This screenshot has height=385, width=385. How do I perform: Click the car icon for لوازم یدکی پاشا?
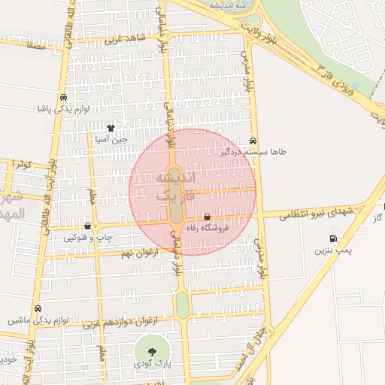pos(63,97)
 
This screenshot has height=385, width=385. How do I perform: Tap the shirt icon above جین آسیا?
pos(111,128)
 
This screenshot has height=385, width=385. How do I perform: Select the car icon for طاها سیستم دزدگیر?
pos(253,141)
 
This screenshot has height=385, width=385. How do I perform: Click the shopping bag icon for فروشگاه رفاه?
pos(207,217)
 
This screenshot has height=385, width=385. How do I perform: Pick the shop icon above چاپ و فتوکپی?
pos(89,226)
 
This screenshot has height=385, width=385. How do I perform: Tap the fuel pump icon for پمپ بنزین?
pos(333,238)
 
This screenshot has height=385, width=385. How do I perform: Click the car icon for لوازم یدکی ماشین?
pos(38,308)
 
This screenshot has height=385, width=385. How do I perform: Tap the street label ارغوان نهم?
pos(140,253)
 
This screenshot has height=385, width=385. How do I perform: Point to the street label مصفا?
pos(35,46)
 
